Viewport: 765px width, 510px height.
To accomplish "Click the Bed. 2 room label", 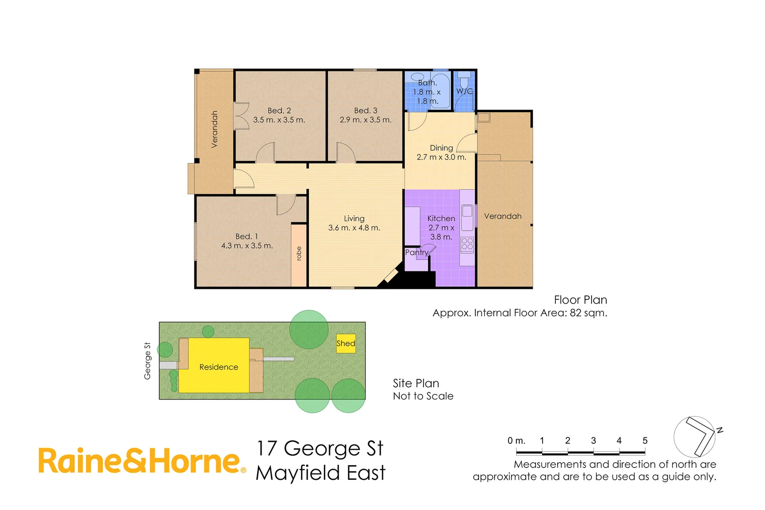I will [x=279, y=110].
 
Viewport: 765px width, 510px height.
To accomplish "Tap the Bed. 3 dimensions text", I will [x=365, y=120].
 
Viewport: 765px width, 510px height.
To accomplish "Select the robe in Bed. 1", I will [x=298, y=255].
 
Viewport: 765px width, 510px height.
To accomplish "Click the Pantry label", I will [x=416, y=253].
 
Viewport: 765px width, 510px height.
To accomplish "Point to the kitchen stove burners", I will [x=467, y=244].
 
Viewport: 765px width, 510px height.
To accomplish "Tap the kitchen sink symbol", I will [x=467, y=212].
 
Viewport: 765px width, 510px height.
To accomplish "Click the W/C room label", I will [x=464, y=91].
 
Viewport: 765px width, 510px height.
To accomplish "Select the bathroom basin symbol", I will [x=417, y=77].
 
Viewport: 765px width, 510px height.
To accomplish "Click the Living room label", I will [x=354, y=219].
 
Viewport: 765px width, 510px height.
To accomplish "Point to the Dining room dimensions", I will [x=441, y=157].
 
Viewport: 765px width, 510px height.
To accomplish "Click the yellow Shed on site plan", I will [x=346, y=343].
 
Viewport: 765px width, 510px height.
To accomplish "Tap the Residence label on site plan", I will [x=219, y=367].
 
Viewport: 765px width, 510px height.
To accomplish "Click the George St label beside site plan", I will [x=147, y=361].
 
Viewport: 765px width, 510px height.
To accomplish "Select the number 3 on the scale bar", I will [x=593, y=441].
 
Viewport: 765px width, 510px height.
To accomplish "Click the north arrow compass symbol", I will [x=695, y=437].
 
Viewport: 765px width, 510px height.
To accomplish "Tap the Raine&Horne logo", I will [x=142, y=461].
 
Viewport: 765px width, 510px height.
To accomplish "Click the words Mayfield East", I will [x=321, y=473].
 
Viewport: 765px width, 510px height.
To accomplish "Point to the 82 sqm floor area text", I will [x=588, y=313].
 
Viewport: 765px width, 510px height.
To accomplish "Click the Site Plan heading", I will [x=416, y=383].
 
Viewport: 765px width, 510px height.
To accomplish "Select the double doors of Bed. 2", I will [x=241, y=116].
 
